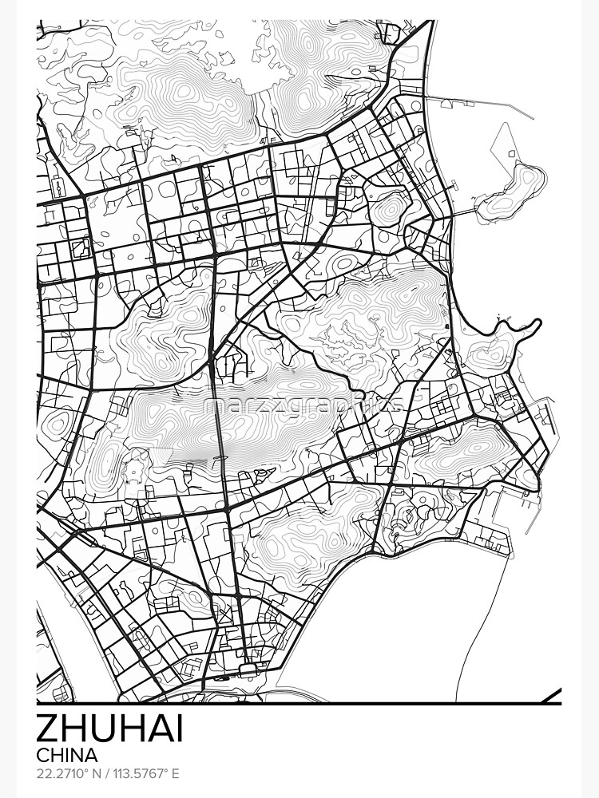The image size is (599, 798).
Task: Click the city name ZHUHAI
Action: [110, 729]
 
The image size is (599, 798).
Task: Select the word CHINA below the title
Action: [67, 755]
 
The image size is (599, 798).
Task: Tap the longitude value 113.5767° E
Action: [146, 774]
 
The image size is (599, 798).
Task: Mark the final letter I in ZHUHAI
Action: [179, 729]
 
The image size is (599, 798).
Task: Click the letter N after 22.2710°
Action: [100, 774]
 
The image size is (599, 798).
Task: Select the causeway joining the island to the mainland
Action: [463, 213]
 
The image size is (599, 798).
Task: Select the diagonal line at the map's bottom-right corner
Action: [550, 695]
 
